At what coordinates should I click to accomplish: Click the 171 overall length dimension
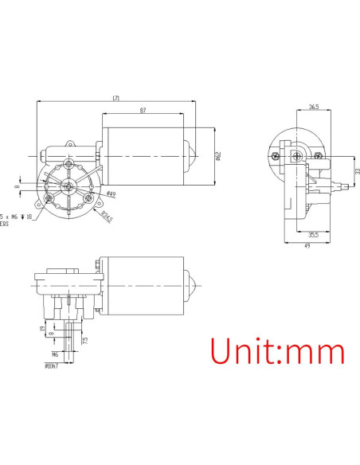[116, 99]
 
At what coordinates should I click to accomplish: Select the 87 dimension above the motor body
[143, 110]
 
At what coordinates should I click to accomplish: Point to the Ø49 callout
[111, 194]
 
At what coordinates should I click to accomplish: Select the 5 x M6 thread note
[17, 216]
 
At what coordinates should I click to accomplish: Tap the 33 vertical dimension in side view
[357, 171]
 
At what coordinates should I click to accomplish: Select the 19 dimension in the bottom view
[41, 328]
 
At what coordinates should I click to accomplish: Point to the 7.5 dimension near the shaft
[85, 340]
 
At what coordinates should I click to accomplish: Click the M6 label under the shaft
[55, 354]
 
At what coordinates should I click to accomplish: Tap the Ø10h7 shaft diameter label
[52, 366]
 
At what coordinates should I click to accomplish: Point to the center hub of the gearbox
[70, 186]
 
